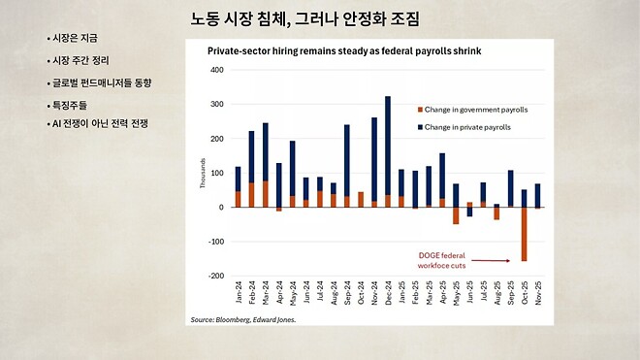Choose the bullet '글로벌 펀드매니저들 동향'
pyautogui.click(x=101, y=82)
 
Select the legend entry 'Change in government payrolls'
pyautogui.click(x=476, y=111)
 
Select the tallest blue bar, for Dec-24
pyautogui.click(x=388, y=146)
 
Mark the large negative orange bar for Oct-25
pyautogui.click(x=525, y=234)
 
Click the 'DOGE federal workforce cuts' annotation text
pyautogui.click(x=442, y=257)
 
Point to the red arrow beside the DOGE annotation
pyautogui.click(x=496, y=260)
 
